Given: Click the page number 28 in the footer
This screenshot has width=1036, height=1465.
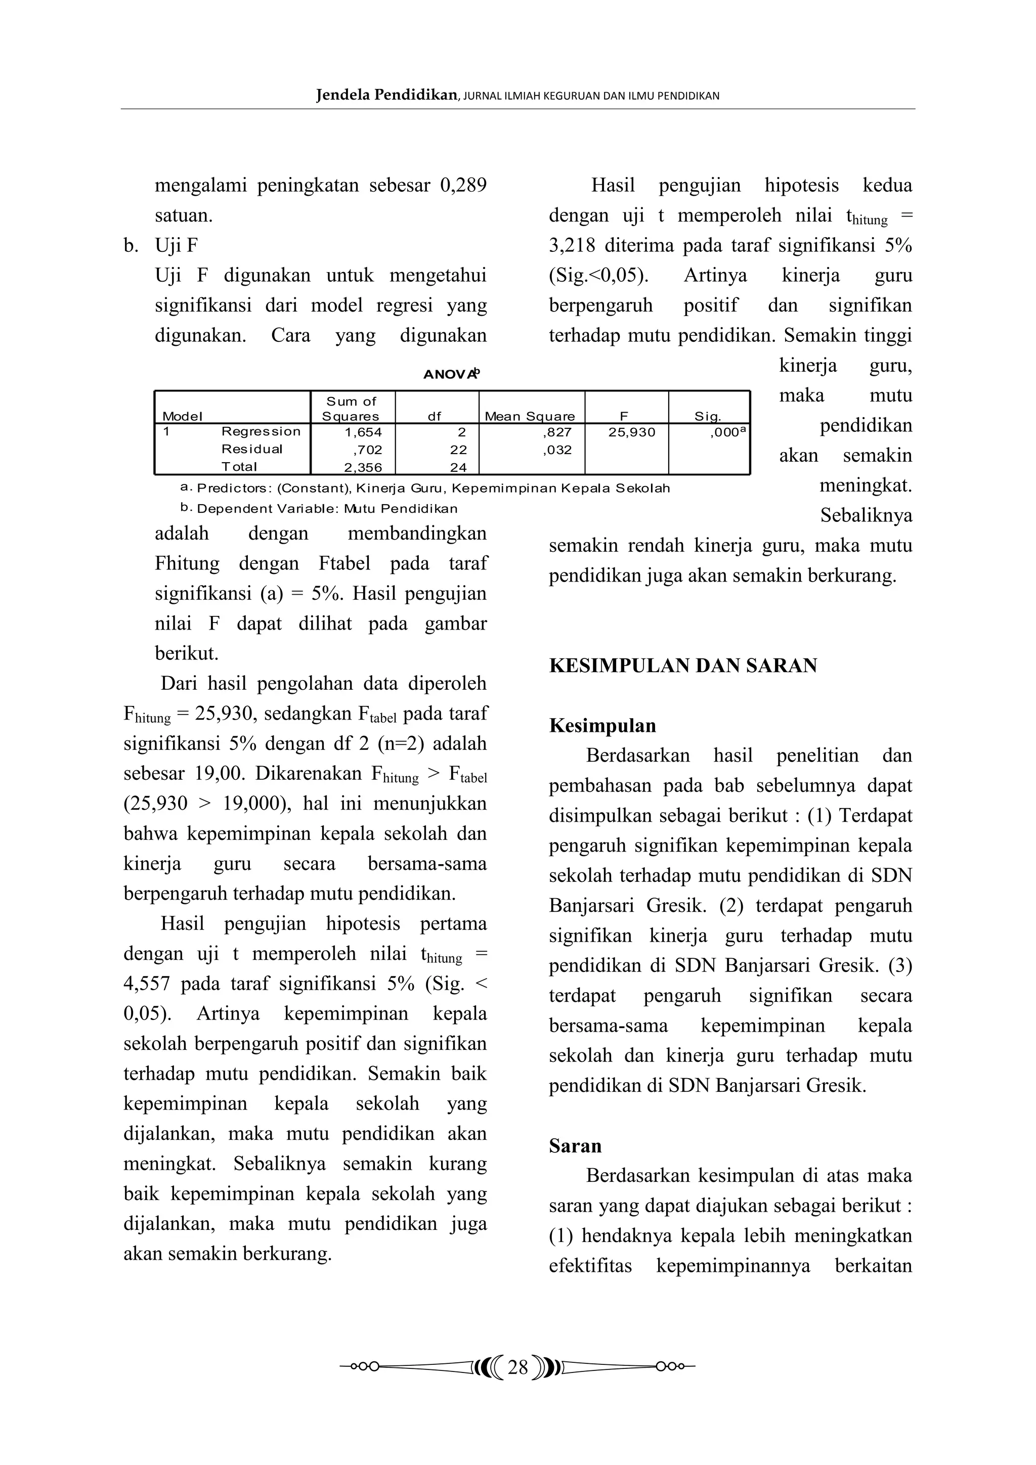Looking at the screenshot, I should (x=517, y=1367).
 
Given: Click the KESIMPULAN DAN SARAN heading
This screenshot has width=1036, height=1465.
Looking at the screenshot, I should (x=683, y=665).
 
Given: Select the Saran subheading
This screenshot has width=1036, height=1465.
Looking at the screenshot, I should (x=575, y=1145).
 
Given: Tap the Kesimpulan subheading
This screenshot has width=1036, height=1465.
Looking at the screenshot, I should (x=602, y=726).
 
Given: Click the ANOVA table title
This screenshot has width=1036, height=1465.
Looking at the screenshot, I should (x=451, y=375).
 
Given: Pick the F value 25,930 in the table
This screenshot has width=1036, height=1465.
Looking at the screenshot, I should (x=631, y=432).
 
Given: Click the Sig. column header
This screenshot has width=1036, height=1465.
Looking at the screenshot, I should (x=707, y=416).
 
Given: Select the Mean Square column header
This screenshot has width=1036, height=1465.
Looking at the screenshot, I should (x=529, y=416).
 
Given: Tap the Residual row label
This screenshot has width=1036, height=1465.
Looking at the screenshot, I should (x=251, y=449).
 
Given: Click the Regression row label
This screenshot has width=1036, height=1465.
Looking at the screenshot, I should (x=261, y=431).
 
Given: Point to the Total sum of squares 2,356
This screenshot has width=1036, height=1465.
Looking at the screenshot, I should (x=363, y=467).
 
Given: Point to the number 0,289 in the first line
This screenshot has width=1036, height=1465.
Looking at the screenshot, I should (x=463, y=185).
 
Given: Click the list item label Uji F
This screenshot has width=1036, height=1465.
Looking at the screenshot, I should (x=176, y=245).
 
